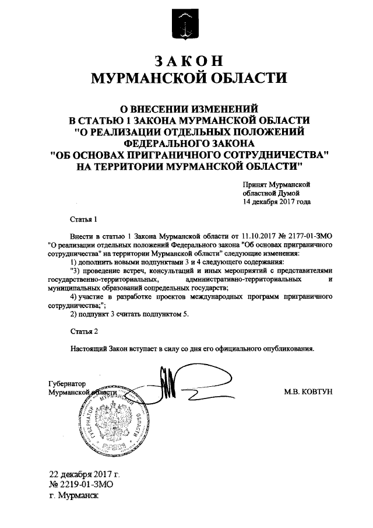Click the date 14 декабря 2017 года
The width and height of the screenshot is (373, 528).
click(277, 202)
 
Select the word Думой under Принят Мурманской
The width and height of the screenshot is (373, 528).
click(288, 193)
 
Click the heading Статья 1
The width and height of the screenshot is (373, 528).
click(81, 220)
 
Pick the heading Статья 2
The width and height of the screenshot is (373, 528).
click(81, 331)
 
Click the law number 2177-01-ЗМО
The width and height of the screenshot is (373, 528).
click(312, 236)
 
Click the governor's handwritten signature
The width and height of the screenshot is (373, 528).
click(175, 385)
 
